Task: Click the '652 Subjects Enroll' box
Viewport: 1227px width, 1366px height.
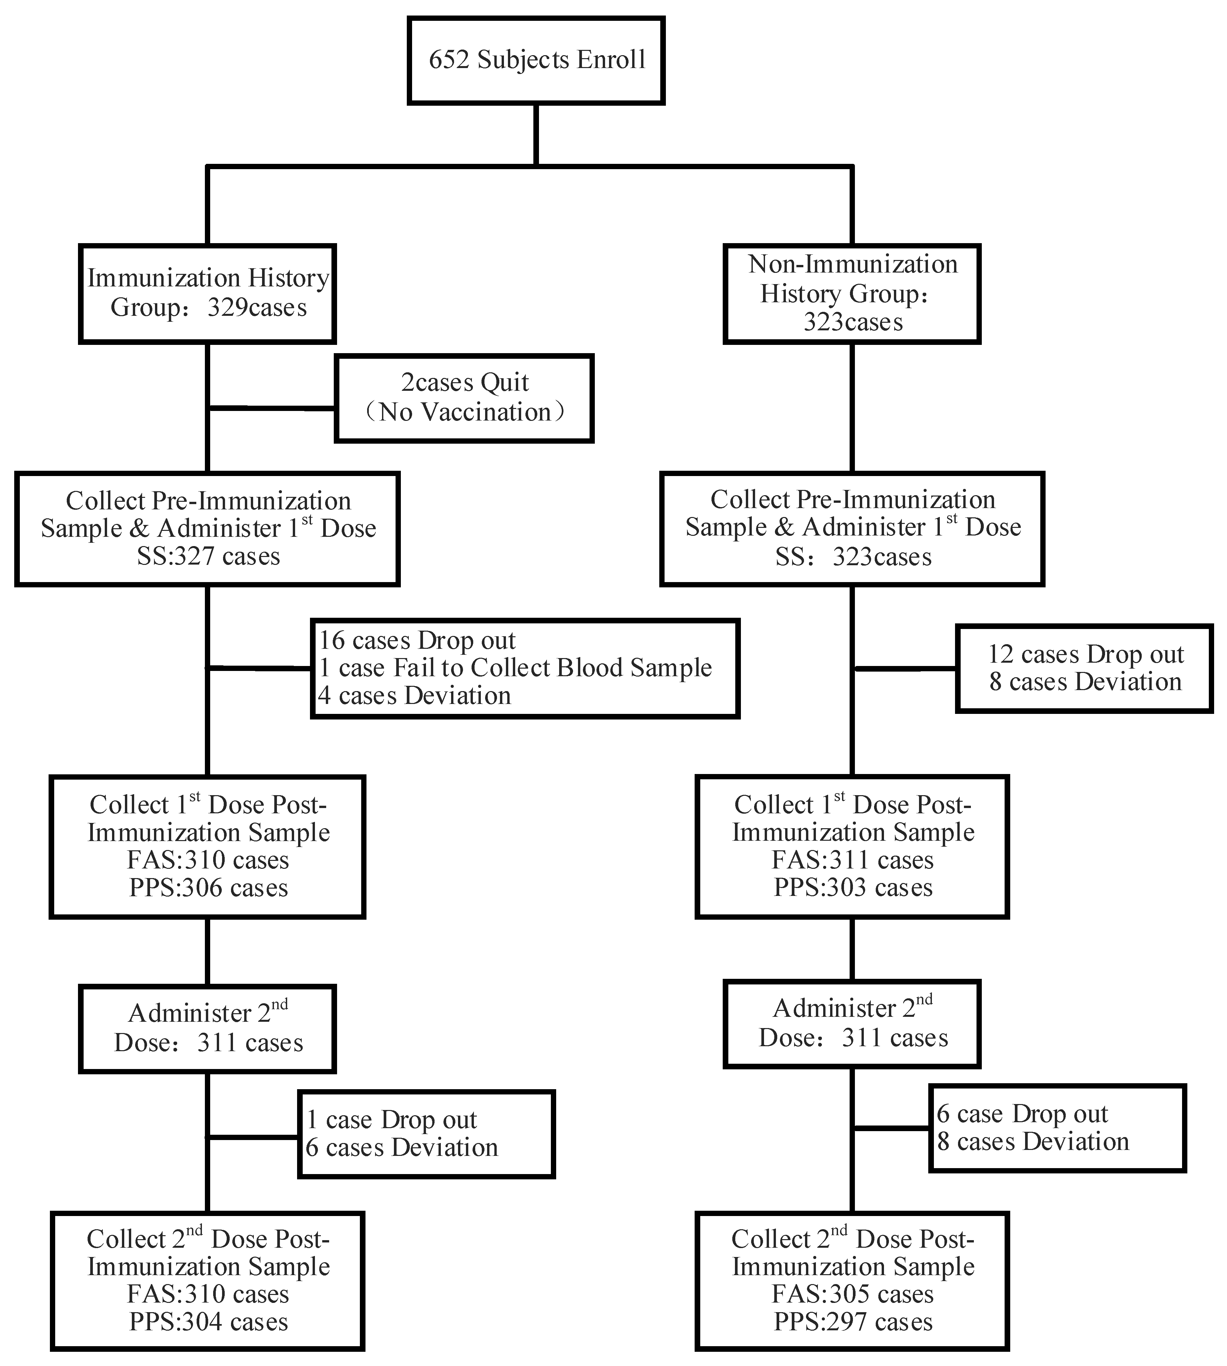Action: point(536,61)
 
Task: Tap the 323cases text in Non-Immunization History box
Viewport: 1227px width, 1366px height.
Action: point(853,322)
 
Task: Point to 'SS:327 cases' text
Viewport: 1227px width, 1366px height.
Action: point(208,557)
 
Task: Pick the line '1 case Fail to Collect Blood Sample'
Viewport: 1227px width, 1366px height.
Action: point(515,668)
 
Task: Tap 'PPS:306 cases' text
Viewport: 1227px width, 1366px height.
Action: point(208,888)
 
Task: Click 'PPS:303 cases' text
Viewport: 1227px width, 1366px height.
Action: point(853,888)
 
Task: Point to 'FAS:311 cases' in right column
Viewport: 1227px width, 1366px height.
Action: point(853,861)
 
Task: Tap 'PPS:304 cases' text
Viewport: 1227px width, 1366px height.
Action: point(208,1322)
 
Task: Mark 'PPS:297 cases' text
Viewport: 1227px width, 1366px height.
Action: point(853,1322)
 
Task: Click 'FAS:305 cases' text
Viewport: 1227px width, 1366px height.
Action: point(853,1295)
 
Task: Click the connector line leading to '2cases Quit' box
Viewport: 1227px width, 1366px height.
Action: point(272,408)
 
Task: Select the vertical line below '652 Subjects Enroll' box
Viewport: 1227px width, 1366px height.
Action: point(536,135)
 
